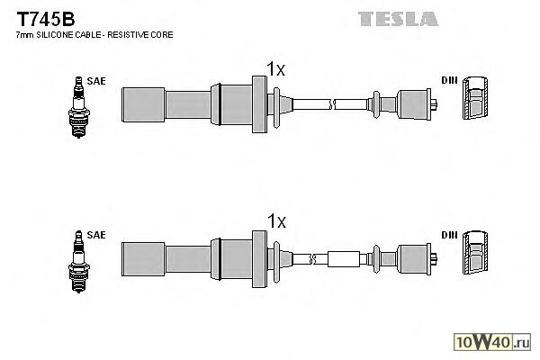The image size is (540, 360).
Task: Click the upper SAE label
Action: (97, 81)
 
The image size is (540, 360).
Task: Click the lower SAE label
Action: (97, 235)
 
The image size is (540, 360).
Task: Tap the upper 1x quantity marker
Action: (275, 67)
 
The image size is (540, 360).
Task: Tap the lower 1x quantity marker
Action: (275, 220)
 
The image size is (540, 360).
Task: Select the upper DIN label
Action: (449, 81)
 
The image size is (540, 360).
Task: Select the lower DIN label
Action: (449, 235)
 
